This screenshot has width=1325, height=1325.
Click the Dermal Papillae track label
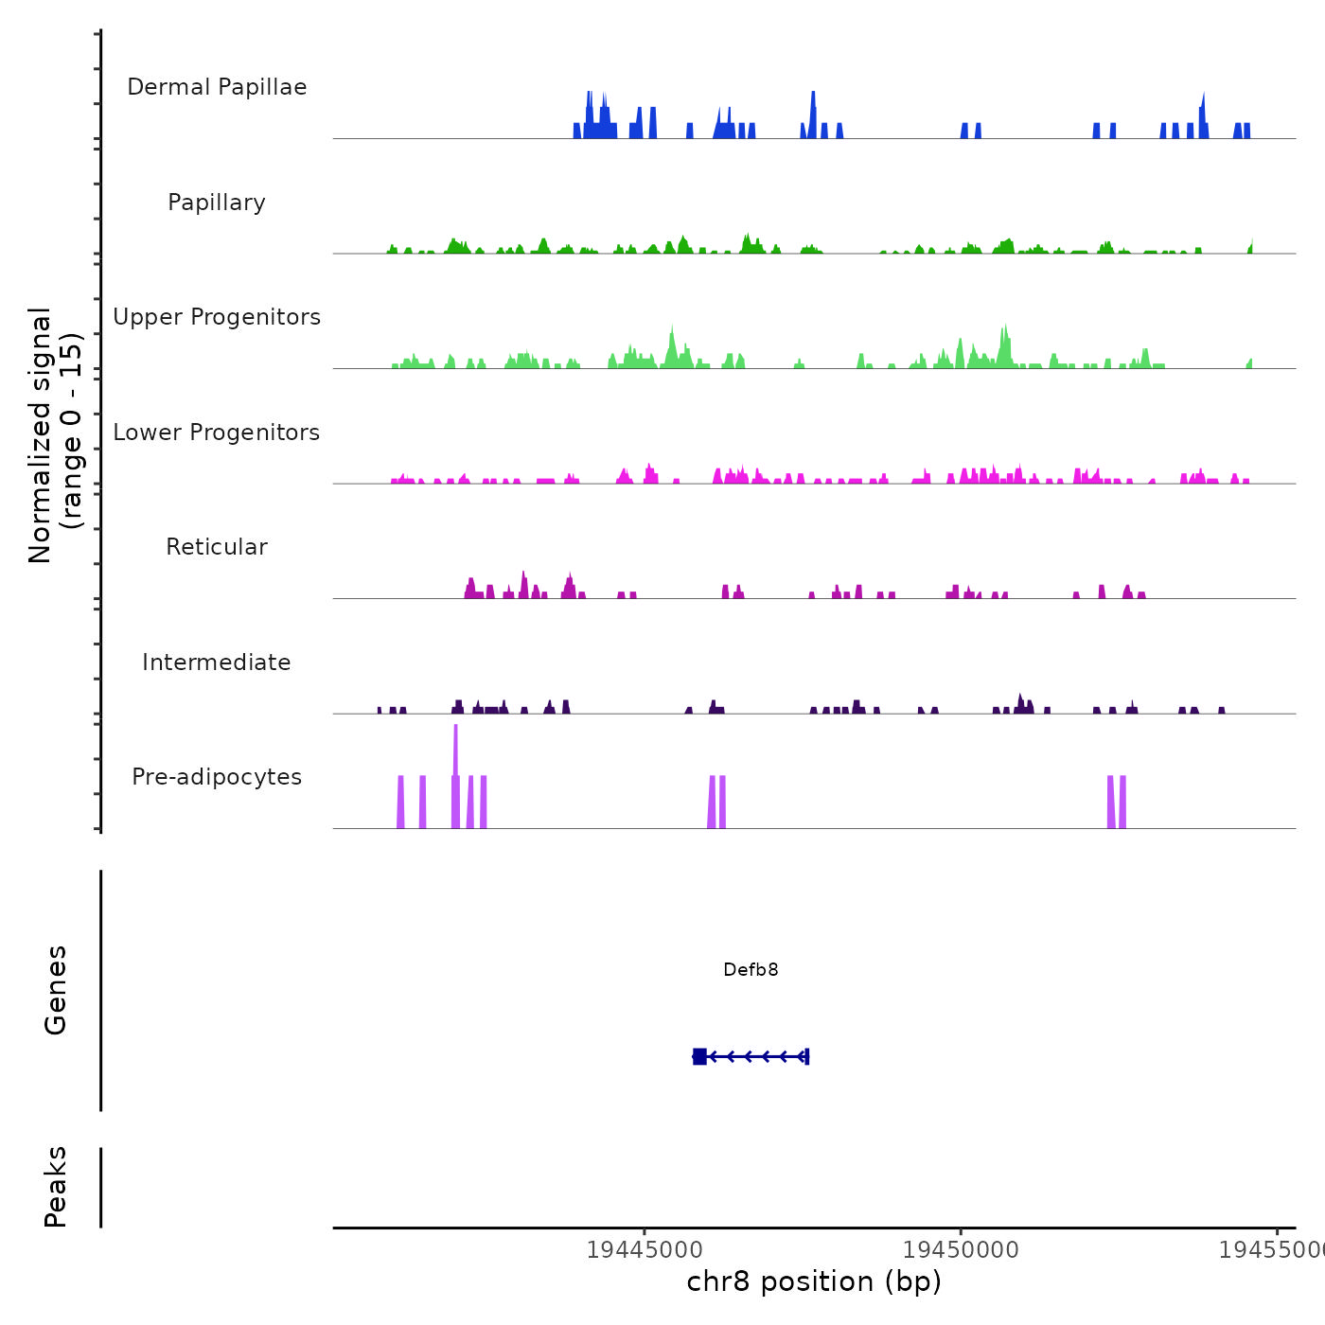tap(217, 87)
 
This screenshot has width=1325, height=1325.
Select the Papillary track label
tap(217, 203)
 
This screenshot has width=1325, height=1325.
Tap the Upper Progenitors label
tap(217, 317)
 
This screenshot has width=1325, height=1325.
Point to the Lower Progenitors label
tap(217, 433)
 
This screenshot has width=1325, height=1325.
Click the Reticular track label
tap(217, 547)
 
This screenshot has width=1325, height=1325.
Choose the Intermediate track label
tap(217, 662)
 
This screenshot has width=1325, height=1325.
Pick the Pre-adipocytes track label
tap(217, 777)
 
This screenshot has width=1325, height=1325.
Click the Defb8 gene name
tap(751, 969)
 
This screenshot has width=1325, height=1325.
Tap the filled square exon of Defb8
tap(699, 1056)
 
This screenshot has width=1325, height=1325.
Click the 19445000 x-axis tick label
tap(645, 1249)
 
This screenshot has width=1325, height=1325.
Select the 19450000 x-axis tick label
tap(961, 1249)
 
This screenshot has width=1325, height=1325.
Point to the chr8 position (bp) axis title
tap(814, 1281)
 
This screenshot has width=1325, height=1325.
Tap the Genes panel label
tap(56, 990)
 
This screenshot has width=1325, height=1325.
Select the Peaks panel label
tap(56, 1187)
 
